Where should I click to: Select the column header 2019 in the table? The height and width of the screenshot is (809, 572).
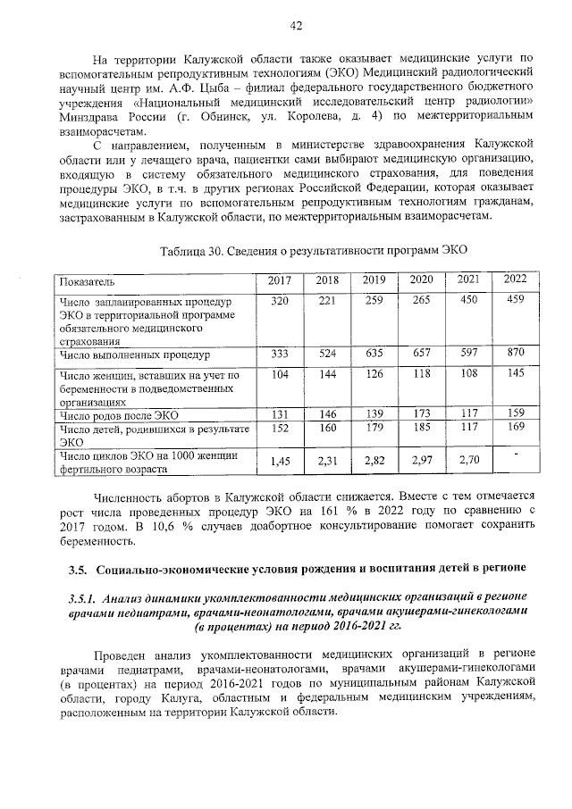click(x=374, y=280)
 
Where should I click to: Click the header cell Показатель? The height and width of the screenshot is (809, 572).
click(x=88, y=281)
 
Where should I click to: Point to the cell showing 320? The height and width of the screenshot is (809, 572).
click(x=280, y=302)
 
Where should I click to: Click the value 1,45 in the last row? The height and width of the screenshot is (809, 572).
click(x=280, y=462)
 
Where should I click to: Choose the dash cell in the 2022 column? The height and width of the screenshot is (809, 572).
click(x=515, y=455)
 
